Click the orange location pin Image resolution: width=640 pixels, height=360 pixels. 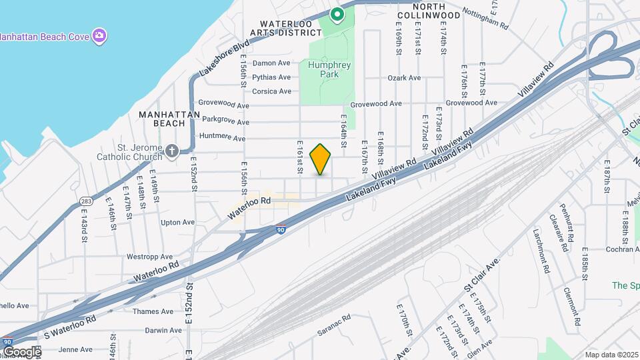(321, 159)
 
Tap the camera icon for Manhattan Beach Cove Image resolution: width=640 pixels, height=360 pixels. (99, 35)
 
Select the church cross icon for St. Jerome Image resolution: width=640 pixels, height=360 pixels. (173, 151)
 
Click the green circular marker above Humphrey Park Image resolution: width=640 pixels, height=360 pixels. (337, 13)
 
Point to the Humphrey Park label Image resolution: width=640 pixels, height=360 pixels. (324, 69)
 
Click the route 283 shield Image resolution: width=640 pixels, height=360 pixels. (85, 200)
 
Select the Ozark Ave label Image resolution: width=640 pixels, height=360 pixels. (405, 78)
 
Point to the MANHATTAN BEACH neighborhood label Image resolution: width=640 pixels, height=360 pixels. (169, 119)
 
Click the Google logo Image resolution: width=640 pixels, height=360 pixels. (21, 352)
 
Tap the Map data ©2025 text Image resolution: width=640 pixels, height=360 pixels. (611, 355)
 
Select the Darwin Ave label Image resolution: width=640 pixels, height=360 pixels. (163, 330)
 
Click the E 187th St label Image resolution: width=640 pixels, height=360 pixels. (607, 177)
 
